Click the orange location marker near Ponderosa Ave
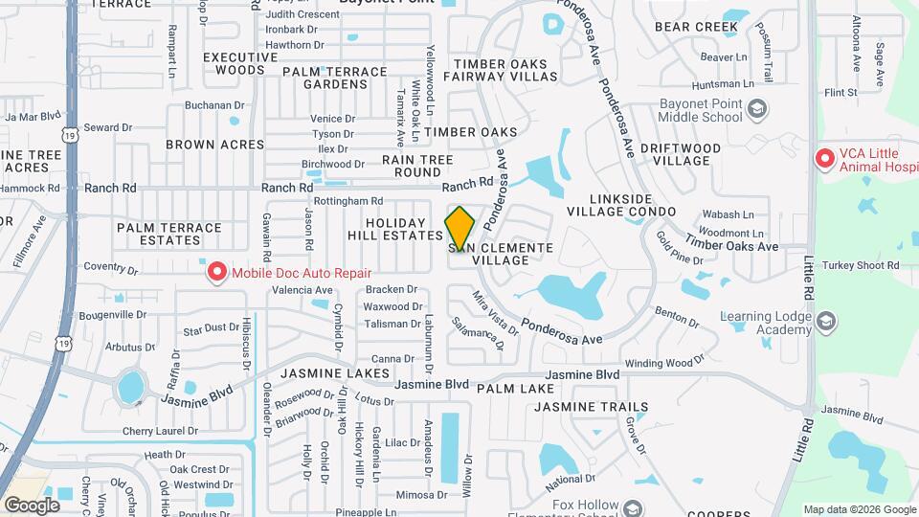(459, 228)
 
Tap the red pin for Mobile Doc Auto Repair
(216, 273)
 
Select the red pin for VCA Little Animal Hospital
(824, 159)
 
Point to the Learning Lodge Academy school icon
(826, 324)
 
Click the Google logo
(32, 505)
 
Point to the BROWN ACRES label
(214, 145)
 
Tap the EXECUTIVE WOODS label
(234, 63)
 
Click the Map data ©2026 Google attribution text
(859, 509)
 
